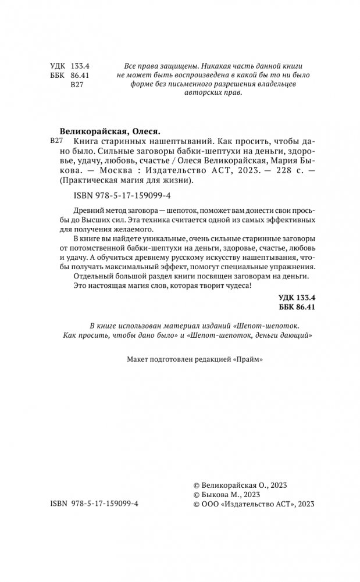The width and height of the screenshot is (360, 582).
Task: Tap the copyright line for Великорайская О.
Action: click(x=240, y=484)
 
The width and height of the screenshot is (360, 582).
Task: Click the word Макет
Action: click(x=138, y=360)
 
